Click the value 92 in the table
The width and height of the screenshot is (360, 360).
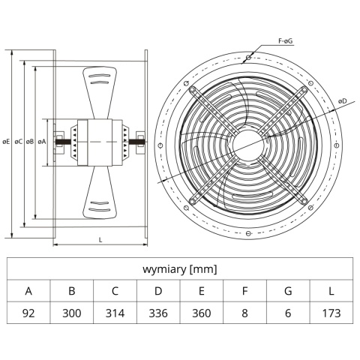tap(28, 313)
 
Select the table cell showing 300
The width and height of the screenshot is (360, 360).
tap(72, 313)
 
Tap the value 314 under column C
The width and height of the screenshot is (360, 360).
tap(115, 313)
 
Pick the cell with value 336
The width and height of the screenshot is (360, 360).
tap(158, 313)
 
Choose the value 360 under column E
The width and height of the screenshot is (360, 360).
tap(202, 313)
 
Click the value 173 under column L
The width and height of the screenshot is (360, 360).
tap(331, 313)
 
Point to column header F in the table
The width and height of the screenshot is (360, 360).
tap(245, 291)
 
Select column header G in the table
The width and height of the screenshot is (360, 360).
tap(288, 291)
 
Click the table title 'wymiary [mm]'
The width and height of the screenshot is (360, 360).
tap(180, 269)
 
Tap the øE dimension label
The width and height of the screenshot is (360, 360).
tap(6, 142)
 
